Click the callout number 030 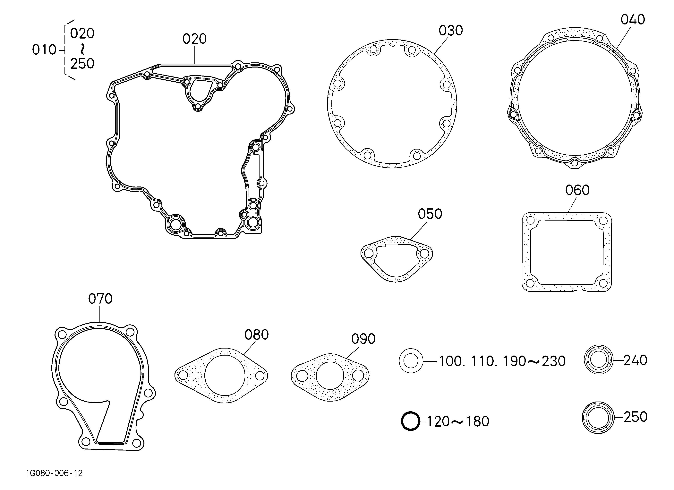451,31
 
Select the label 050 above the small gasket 430,214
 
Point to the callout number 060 577,190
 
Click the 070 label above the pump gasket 100,299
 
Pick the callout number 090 363,339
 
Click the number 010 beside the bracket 44,50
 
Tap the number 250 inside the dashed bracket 82,64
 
